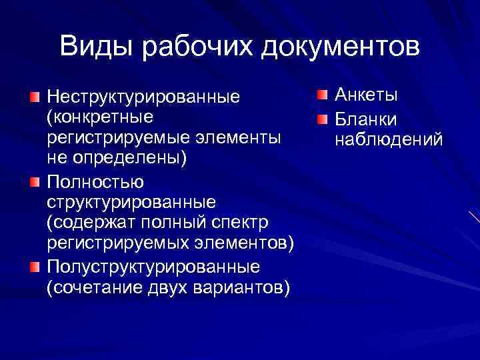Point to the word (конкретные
[99, 117]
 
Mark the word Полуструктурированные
[152, 267]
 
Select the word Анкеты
[366, 95]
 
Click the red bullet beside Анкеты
[322, 95]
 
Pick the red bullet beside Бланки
[322, 119]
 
